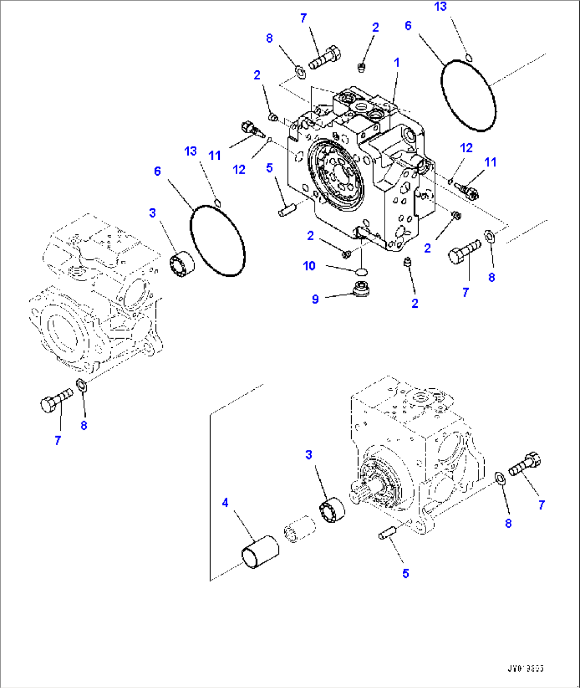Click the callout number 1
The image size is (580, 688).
click(396, 63)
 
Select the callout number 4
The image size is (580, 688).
click(225, 503)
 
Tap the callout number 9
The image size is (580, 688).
click(315, 299)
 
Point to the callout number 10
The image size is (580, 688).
click(309, 266)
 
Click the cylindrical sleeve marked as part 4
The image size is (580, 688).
click(260, 552)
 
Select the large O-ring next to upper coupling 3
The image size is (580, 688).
click(218, 240)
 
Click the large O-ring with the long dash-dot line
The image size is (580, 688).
click(468, 96)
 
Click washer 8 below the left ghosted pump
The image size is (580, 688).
click(81, 384)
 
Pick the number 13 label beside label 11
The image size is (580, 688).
click(190, 151)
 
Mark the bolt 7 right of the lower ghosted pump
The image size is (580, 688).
click(524, 463)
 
